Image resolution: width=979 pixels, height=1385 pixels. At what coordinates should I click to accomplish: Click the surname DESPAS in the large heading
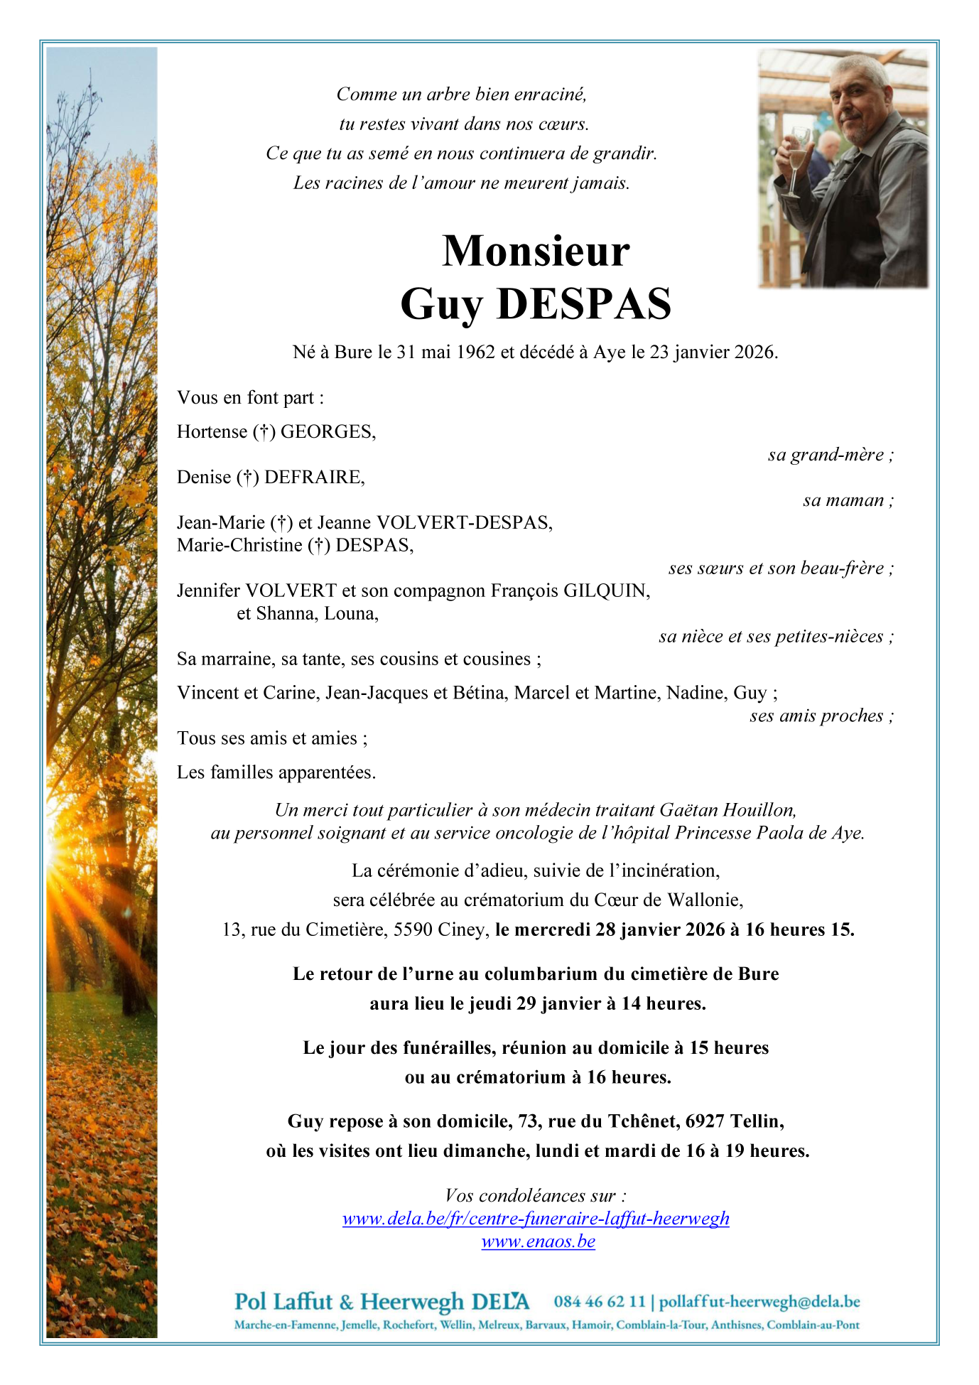coord(584,304)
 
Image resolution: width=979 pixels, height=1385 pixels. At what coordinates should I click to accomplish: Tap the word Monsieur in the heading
coord(536,251)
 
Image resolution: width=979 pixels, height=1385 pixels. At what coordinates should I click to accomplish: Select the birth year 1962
coord(475,352)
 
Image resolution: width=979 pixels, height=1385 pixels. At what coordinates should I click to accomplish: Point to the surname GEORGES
coord(328,431)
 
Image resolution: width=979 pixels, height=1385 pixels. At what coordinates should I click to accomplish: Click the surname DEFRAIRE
coord(314,477)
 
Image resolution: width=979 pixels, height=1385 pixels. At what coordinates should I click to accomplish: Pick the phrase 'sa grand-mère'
coord(826,454)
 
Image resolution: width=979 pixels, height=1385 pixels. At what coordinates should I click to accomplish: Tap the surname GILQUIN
coord(606,591)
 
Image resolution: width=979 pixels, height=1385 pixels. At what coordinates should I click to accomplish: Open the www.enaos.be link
coord(538,1241)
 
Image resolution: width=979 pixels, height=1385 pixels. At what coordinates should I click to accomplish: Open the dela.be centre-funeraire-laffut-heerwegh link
coord(536,1219)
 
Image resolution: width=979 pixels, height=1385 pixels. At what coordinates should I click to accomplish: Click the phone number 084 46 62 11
coord(600,1302)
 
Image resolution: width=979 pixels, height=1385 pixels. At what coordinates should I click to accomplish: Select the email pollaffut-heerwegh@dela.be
coord(759,1302)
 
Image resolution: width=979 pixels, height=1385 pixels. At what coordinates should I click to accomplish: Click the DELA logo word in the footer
coord(500,1302)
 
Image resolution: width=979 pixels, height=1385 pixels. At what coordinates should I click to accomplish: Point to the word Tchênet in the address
coord(642,1121)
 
